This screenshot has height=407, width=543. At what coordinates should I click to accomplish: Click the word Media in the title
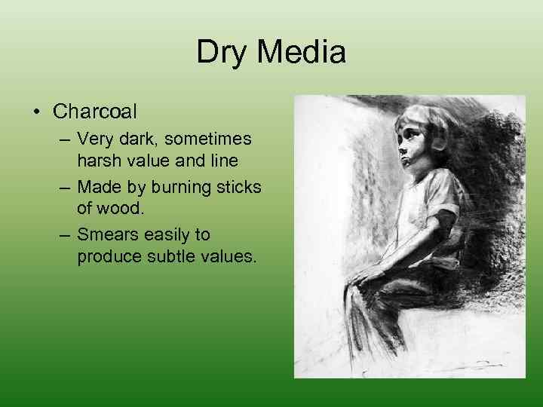click(301, 53)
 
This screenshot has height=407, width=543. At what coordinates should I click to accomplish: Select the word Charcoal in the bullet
click(95, 112)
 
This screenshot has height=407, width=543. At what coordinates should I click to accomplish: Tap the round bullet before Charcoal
click(37, 113)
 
